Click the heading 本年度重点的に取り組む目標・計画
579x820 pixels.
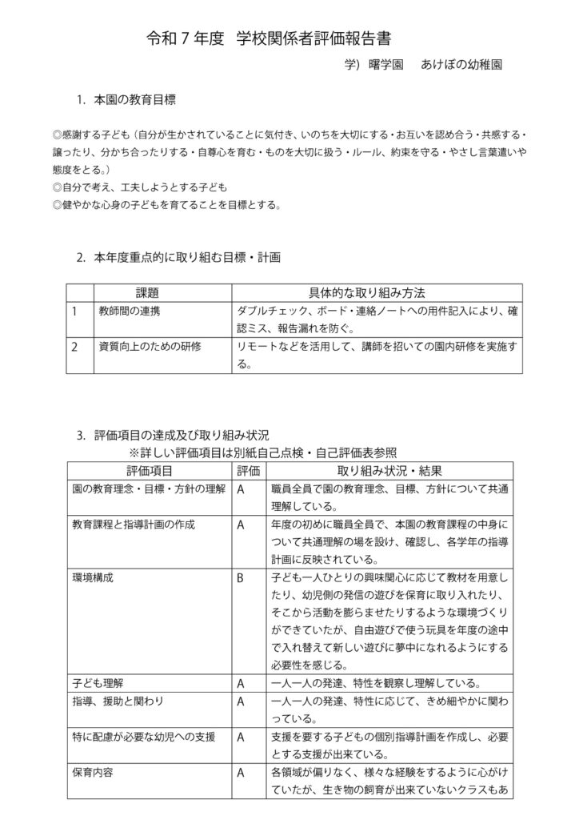(187, 257)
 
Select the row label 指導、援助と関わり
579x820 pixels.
(118, 701)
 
